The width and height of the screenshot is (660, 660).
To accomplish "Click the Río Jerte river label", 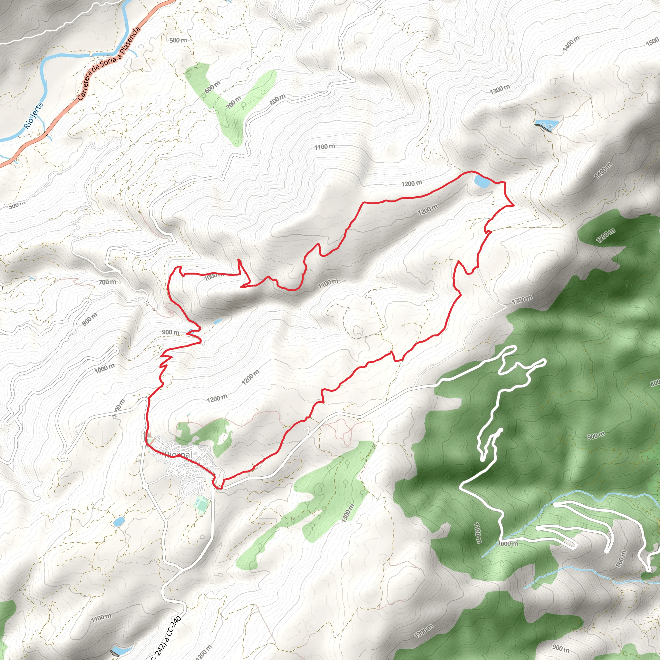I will click(x=34, y=116).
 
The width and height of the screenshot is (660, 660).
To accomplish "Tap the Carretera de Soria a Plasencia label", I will click(x=109, y=64).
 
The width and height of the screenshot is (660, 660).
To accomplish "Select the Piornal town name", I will click(x=179, y=455).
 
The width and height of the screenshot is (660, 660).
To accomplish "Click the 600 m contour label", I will click(x=212, y=87).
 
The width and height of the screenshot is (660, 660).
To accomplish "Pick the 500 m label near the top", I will click(x=178, y=40).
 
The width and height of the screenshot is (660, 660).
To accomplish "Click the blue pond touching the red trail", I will click(x=482, y=181).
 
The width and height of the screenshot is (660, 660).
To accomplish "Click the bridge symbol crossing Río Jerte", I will click(x=91, y=54).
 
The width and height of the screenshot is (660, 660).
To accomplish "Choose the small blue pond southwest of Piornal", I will click(x=119, y=521).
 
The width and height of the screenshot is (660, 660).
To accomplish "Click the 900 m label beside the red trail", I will click(x=170, y=332).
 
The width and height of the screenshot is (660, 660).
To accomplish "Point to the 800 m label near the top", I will click(x=277, y=99).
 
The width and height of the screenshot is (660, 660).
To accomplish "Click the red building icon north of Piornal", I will click(x=149, y=434).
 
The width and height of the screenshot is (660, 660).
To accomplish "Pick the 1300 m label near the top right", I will click(x=500, y=90).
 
